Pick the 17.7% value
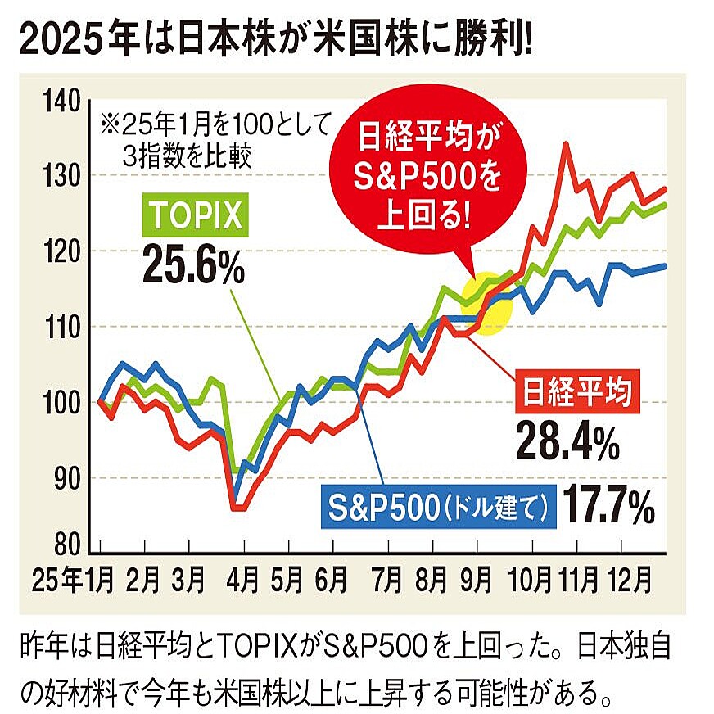(607, 506)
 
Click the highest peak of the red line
(565, 144)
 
